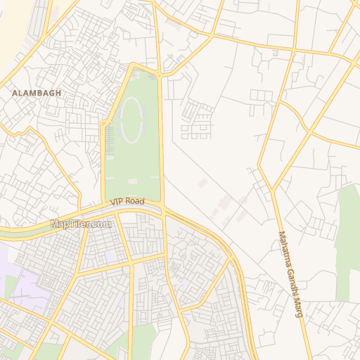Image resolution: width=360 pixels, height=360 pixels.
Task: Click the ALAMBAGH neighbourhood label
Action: (x=37, y=92)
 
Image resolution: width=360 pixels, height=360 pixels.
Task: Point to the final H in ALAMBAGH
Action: (x=59, y=92)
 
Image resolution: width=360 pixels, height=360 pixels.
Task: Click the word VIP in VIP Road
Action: (x=116, y=202)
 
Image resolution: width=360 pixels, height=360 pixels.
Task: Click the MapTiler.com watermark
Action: (x=81, y=224)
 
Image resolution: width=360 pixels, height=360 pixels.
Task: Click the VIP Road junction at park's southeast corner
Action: (x=163, y=207)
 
